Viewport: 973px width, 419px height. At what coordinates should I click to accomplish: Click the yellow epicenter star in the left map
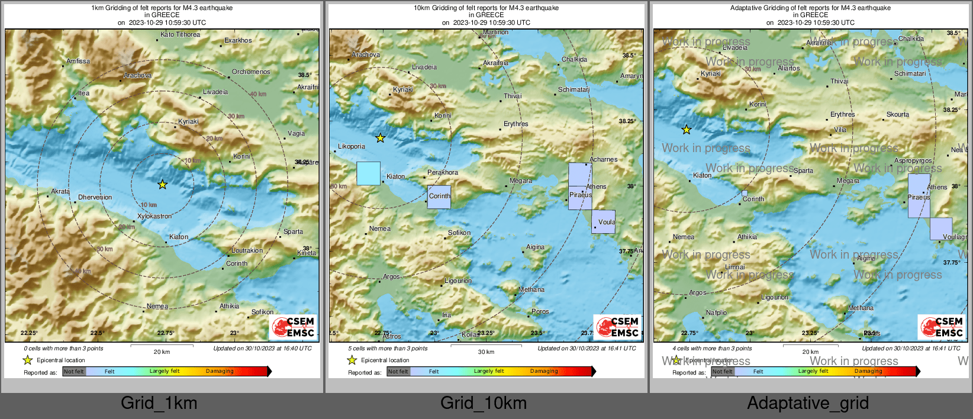click(x=162, y=185)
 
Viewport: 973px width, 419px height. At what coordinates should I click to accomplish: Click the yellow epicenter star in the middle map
click(x=381, y=138)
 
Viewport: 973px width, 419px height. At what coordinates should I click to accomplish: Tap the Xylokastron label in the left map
click(x=154, y=216)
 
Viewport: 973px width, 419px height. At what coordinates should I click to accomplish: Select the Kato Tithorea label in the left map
click(x=181, y=34)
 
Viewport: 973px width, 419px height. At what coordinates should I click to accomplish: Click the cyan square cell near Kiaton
click(x=368, y=173)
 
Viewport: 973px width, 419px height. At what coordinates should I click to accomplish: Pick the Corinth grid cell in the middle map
click(x=439, y=197)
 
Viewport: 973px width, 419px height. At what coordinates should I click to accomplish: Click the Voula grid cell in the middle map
click(x=603, y=222)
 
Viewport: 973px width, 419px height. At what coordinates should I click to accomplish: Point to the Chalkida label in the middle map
click(x=574, y=59)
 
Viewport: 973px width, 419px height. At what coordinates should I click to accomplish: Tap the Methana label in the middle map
click(x=531, y=289)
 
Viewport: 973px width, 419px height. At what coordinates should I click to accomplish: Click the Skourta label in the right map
click(x=898, y=114)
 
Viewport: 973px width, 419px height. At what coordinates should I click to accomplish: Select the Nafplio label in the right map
click(x=716, y=312)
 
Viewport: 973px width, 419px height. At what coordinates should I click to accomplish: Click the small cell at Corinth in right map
click(x=745, y=194)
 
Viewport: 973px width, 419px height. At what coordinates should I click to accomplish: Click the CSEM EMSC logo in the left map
click(x=293, y=327)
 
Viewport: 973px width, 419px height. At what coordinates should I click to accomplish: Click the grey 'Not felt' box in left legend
click(x=74, y=372)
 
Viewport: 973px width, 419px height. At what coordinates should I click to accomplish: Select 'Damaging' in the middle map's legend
click(x=544, y=371)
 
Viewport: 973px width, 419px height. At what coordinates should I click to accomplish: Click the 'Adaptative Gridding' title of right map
click(x=810, y=8)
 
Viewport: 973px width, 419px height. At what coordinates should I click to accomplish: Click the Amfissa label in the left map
click(x=78, y=61)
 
